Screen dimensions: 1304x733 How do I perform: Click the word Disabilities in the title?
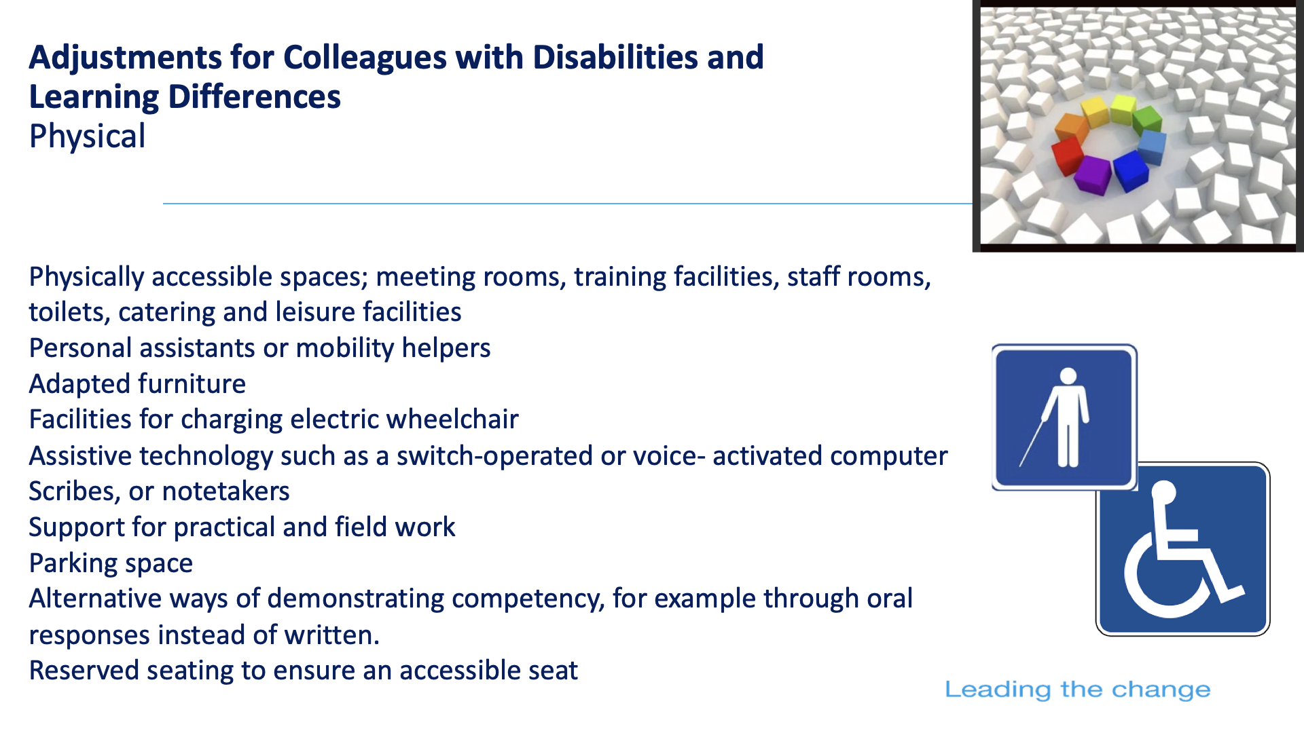[615, 57]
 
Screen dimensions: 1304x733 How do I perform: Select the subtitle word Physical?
[88, 136]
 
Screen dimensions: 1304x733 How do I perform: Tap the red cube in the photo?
[1067, 155]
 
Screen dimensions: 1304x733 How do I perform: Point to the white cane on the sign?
[1032, 443]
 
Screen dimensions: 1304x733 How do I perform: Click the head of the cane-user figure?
[1068, 376]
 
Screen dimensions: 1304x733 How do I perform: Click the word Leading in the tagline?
[997, 690]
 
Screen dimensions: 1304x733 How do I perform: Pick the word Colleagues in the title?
[365, 58]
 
